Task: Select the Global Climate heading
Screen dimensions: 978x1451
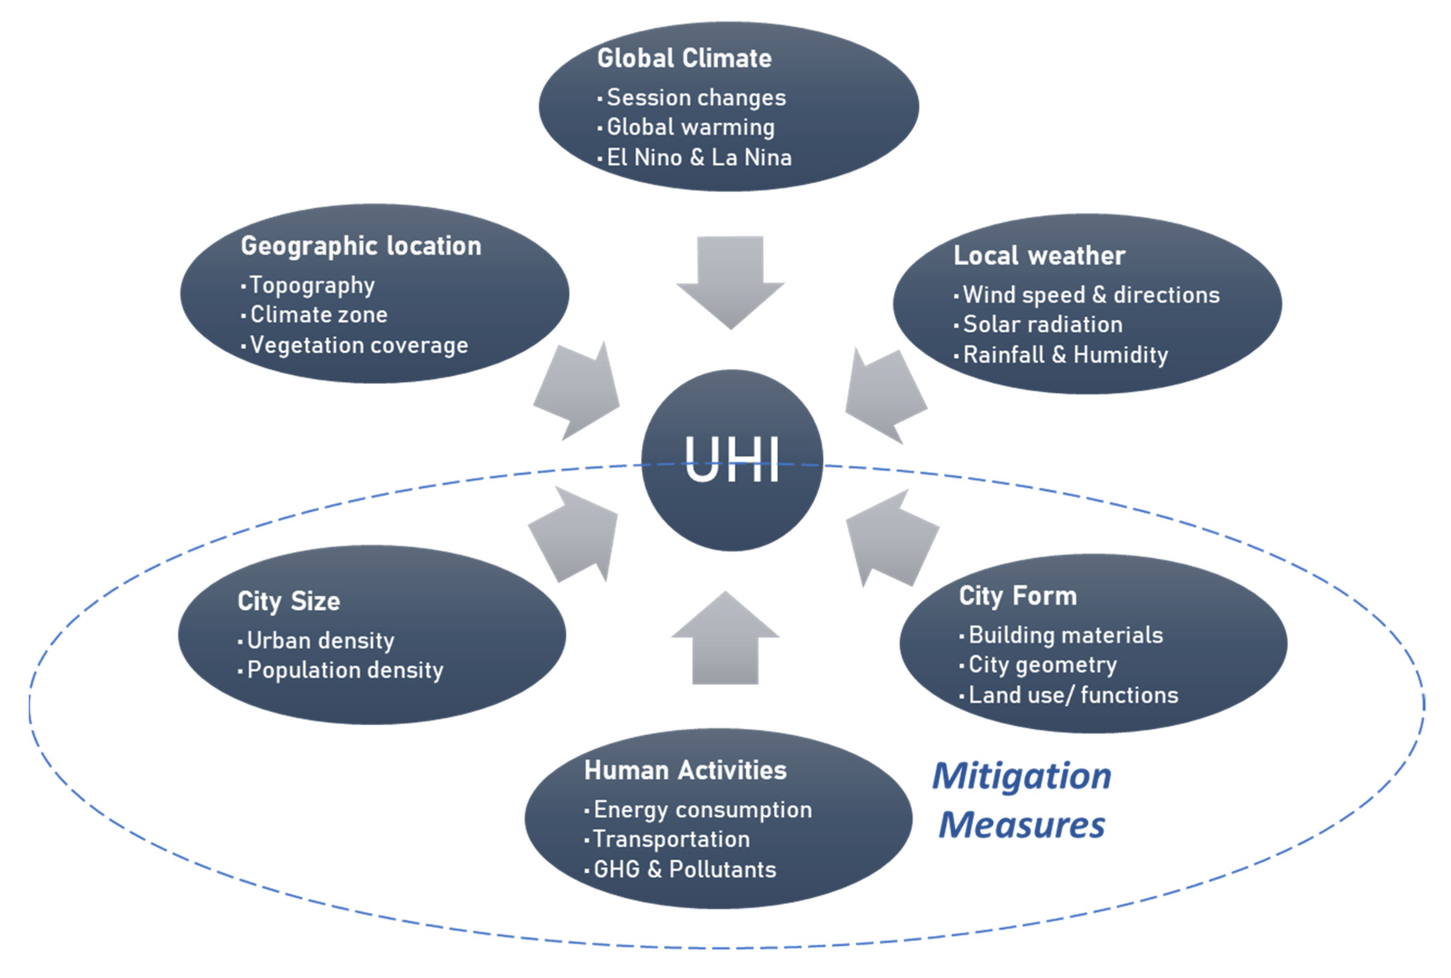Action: tap(684, 58)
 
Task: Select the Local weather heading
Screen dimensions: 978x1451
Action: tap(1039, 255)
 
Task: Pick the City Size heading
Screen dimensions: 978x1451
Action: tap(289, 601)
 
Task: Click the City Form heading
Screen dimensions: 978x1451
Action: tap(1018, 596)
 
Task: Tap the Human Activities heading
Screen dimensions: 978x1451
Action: tap(685, 770)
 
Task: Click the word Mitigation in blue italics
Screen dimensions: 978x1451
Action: tap(1021, 776)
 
